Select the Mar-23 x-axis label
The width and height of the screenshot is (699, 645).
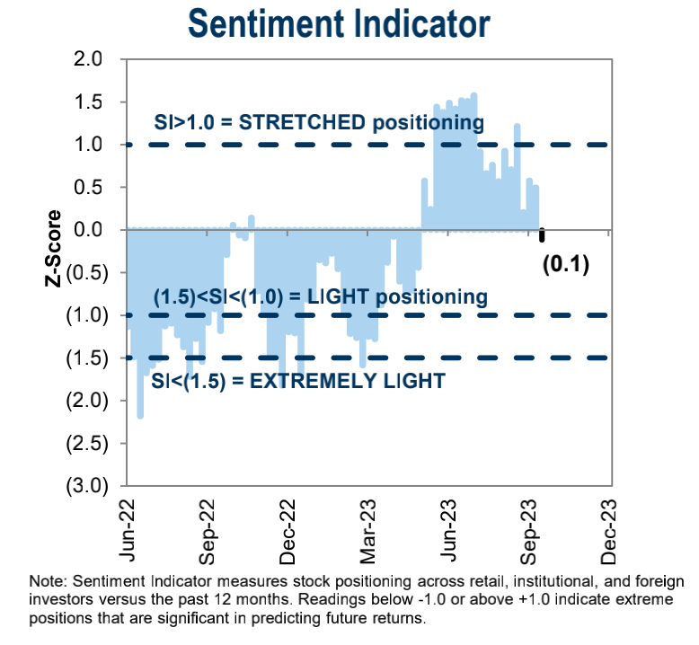pos(375,526)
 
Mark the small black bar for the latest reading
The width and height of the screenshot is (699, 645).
pos(542,235)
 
